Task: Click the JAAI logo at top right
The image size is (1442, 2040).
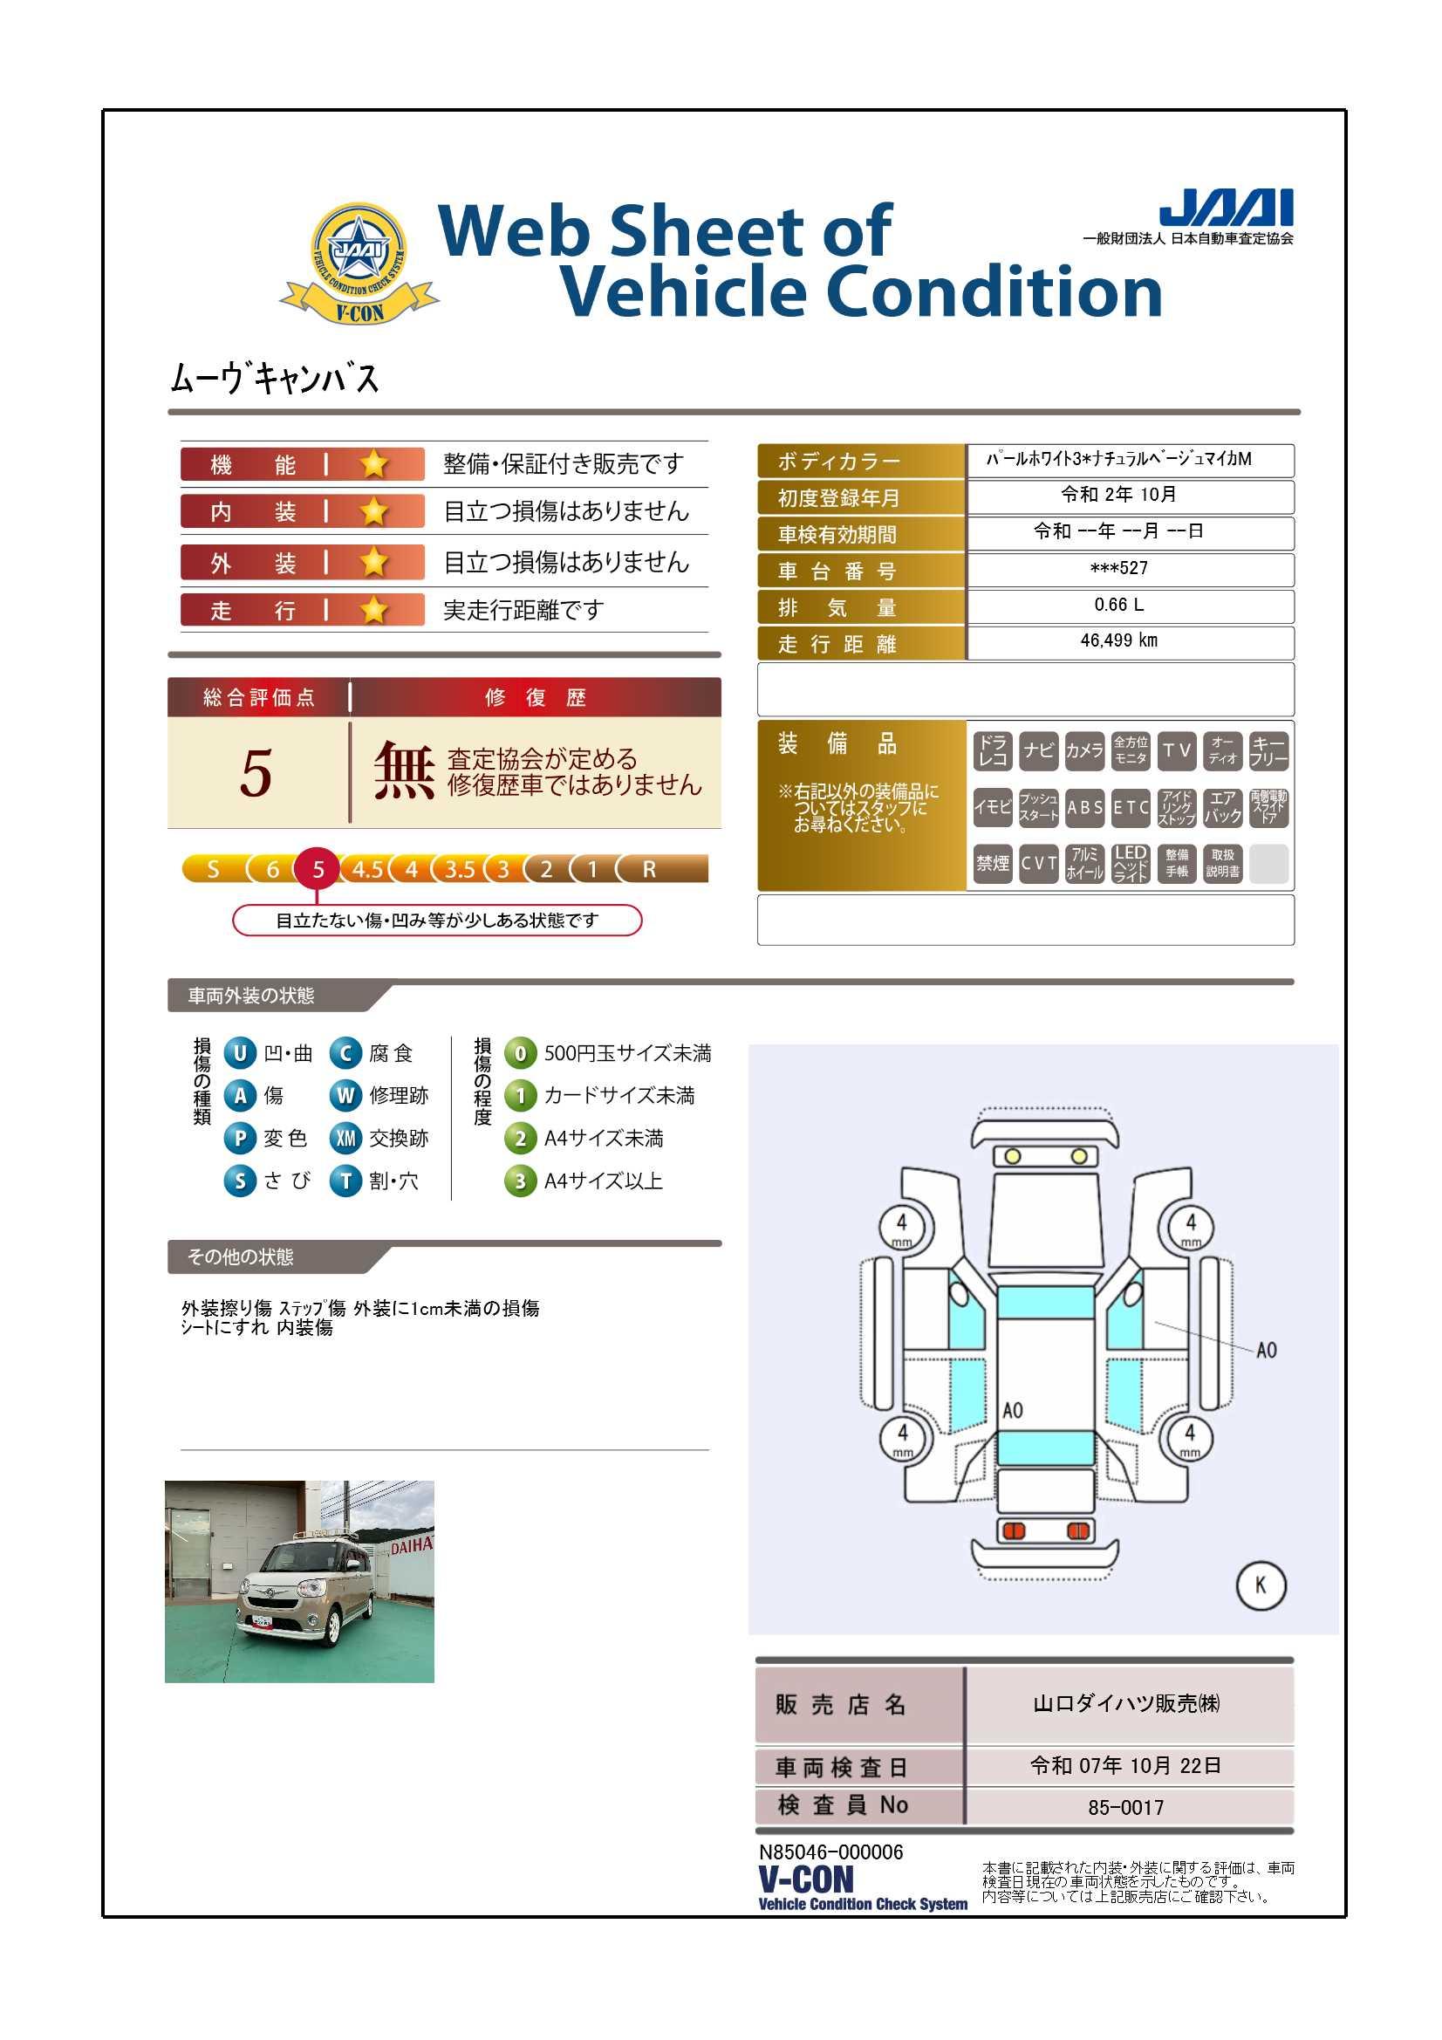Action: coord(1225,208)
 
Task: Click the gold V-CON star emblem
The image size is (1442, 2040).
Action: coord(359,263)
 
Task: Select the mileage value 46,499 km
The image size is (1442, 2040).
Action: coord(1118,640)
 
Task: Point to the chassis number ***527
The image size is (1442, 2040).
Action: coord(1118,568)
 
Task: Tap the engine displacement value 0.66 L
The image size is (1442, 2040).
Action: coord(1118,605)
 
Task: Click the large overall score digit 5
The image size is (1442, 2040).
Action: coord(256,772)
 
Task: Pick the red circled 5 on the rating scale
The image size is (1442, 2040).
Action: coord(318,869)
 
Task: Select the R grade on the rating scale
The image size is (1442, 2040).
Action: coord(650,869)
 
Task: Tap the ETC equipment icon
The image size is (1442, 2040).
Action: coord(1131,808)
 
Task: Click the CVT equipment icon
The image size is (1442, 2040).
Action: coord(1039,863)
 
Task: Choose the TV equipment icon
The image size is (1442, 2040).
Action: coord(1176,750)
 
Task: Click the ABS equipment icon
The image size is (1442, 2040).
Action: coord(1085,808)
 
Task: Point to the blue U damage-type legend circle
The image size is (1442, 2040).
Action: coord(240,1054)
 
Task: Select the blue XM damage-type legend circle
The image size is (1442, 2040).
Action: coord(345,1138)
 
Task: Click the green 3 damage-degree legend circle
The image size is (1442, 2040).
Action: coord(520,1181)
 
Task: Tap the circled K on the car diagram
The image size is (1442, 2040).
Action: coord(1261,1585)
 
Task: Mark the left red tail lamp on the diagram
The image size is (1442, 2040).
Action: coord(1013,1530)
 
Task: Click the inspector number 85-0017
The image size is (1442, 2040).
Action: coord(1125,1807)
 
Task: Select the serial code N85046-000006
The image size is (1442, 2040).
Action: coord(830,1852)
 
